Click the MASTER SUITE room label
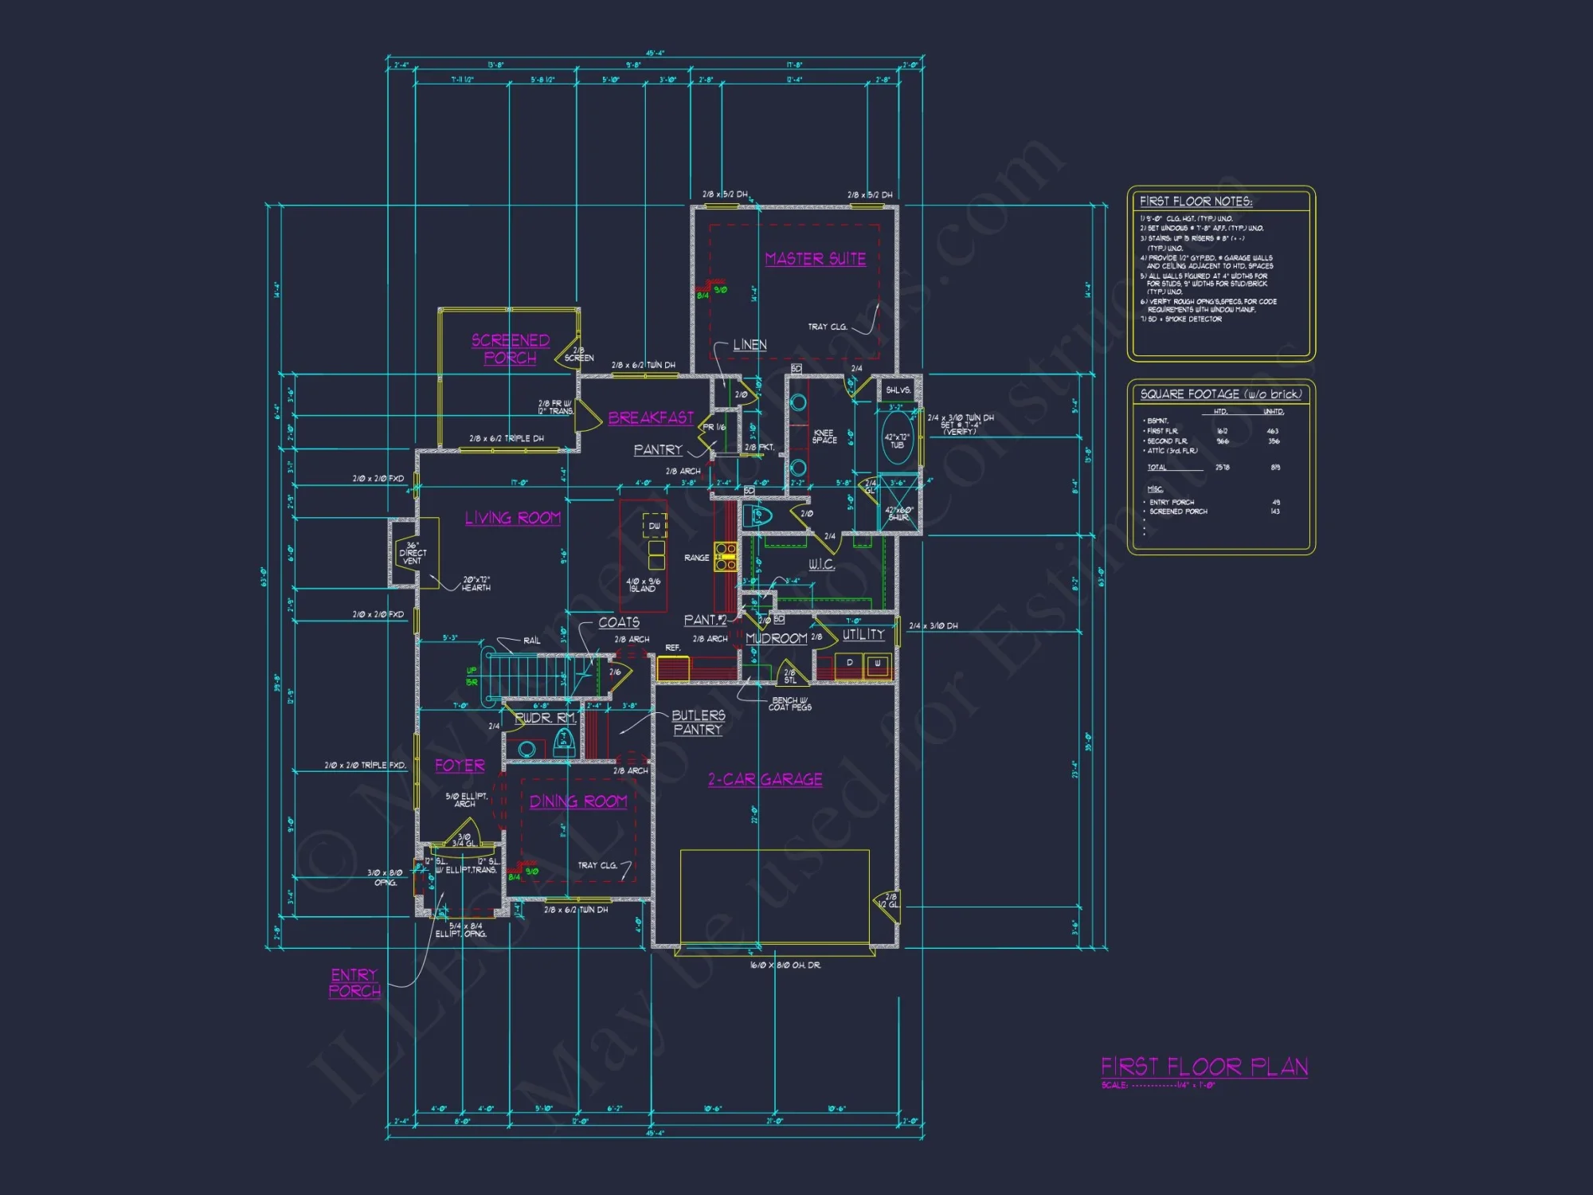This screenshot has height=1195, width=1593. pyautogui.click(x=815, y=259)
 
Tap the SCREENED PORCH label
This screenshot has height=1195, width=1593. pyautogui.click(x=511, y=349)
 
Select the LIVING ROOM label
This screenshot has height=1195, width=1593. pyautogui.click(x=513, y=518)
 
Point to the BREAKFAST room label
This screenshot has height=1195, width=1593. pyautogui.click(x=651, y=417)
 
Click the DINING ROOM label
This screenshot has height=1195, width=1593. pyautogui.click(x=578, y=801)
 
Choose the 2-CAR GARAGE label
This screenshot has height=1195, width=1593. pyautogui.click(x=765, y=779)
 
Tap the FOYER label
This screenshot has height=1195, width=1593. pyautogui.click(x=460, y=766)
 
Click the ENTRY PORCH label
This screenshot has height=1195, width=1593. pyautogui.click(x=354, y=983)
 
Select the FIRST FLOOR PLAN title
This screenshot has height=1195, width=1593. pyautogui.click(x=1204, y=1067)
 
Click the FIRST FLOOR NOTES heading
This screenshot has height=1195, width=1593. pyautogui.click(x=1196, y=202)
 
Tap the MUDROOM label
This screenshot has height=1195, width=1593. pyautogui.click(x=777, y=638)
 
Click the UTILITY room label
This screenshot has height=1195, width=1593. pyautogui.click(x=863, y=635)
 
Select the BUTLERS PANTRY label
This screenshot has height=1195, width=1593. pyautogui.click(x=698, y=723)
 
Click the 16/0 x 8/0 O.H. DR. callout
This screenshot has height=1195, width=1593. pyautogui.click(x=785, y=966)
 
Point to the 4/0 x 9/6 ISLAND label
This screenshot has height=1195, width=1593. pyautogui.click(x=643, y=585)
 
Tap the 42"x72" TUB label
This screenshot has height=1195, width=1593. pyautogui.click(x=897, y=441)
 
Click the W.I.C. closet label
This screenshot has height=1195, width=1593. pyautogui.click(x=821, y=565)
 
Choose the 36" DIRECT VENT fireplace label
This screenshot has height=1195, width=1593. pyautogui.click(x=413, y=553)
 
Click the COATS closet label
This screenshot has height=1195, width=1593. pyautogui.click(x=619, y=622)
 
